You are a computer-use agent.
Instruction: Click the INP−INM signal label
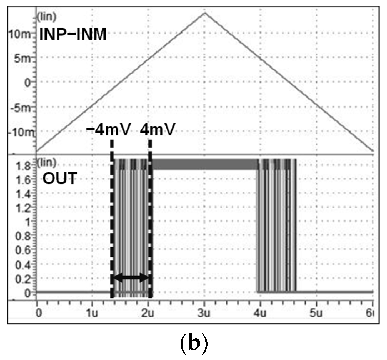[73, 35]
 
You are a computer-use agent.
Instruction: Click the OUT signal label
[59, 178]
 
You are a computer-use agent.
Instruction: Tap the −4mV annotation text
[108, 129]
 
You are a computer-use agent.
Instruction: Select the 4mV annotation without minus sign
[158, 129]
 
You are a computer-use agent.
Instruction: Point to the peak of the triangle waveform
[205, 13]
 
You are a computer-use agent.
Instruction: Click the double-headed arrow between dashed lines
[131, 277]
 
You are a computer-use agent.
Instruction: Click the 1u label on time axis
[92, 313]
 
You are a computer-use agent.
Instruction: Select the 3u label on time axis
[204, 313]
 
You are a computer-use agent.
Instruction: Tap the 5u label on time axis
[316, 313]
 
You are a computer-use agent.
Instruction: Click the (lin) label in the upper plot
[47, 17]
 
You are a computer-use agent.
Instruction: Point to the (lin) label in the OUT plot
[47, 162]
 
